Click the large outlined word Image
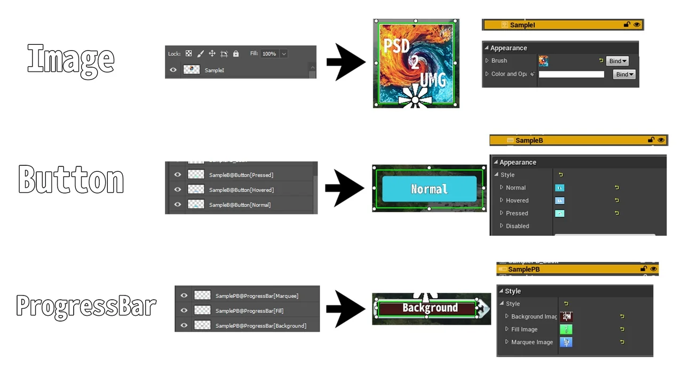(x=70, y=59)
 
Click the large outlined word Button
(x=71, y=179)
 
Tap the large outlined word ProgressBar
(x=86, y=306)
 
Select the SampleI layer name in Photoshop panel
(x=214, y=70)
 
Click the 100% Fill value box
(x=269, y=54)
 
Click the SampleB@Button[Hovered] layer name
(x=241, y=190)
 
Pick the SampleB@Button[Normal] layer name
(x=240, y=205)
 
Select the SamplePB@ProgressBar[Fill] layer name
(x=249, y=310)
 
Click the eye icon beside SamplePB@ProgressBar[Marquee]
(x=184, y=295)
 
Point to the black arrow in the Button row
(x=344, y=188)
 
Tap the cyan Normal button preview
(x=430, y=189)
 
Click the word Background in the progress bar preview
(x=430, y=308)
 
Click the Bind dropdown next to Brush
(x=617, y=61)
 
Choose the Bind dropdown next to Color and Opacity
(x=624, y=74)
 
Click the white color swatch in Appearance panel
(x=571, y=75)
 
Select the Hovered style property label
(x=517, y=201)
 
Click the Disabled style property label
(x=517, y=226)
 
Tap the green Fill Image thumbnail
(x=566, y=330)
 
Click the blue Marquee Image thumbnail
(x=566, y=342)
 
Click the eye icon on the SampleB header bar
(x=661, y=140)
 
